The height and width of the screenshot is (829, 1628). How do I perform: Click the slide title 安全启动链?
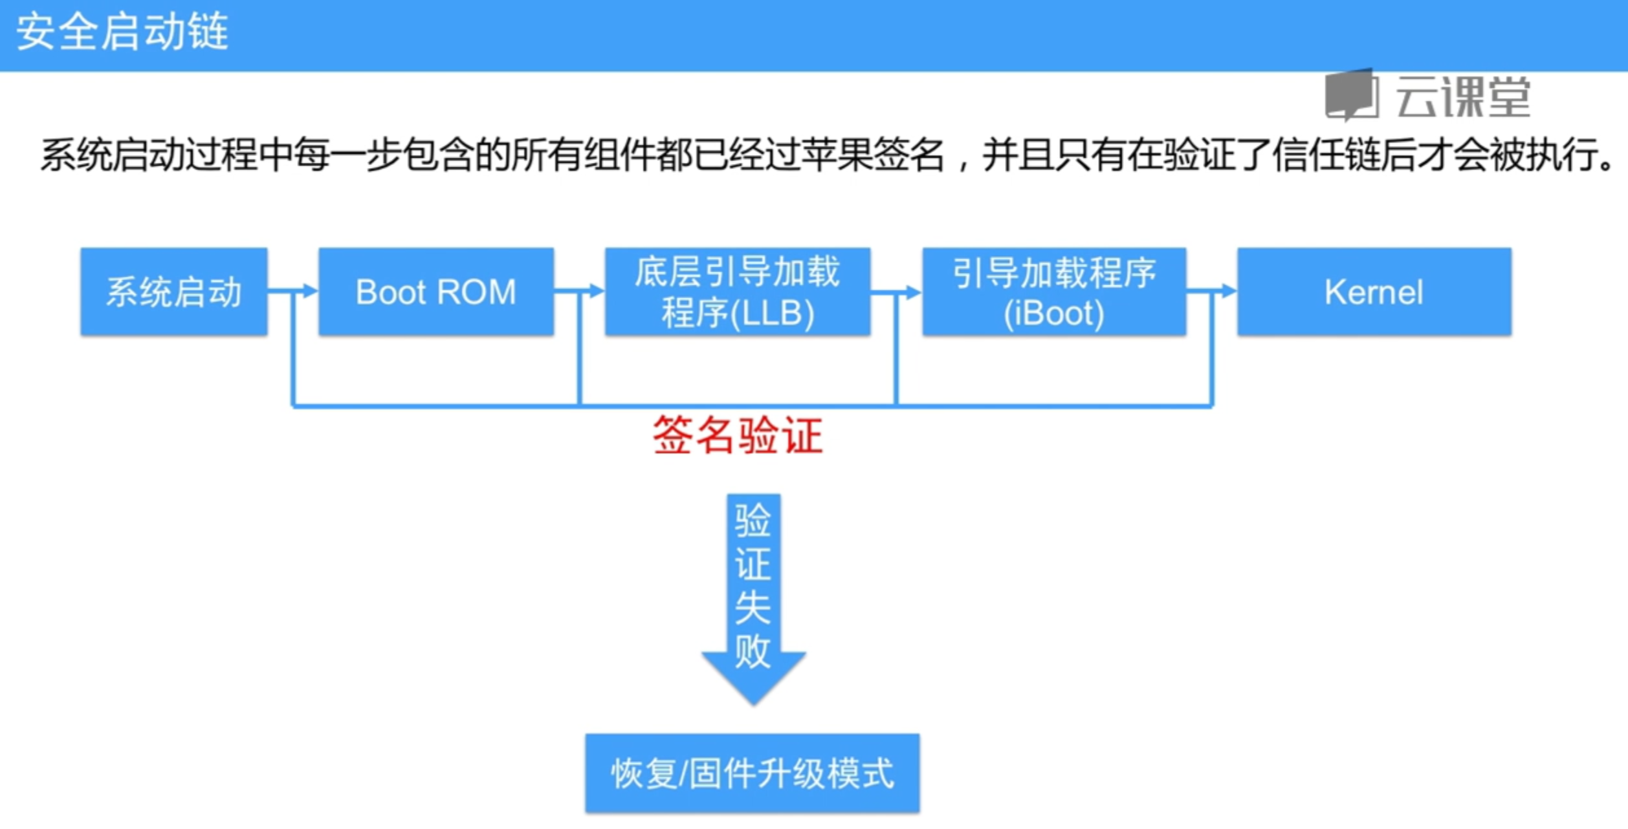122,32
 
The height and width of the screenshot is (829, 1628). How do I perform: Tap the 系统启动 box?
174,291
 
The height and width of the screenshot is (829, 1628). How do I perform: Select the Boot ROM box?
436,291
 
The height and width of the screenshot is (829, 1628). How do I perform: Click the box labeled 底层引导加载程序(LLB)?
738,291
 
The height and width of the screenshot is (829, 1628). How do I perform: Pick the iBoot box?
1054,291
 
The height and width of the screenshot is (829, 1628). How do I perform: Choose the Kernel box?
1374,291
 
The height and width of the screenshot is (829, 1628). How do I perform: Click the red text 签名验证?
738,435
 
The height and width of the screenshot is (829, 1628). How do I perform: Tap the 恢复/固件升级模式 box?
753,773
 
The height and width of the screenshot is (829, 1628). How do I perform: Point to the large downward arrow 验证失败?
754,598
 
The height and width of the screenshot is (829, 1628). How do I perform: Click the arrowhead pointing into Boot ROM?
311,291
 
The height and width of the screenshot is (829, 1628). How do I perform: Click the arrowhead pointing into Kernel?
1229,291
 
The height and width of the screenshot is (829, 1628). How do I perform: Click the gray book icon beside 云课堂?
1352,95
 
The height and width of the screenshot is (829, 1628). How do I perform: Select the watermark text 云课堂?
1464,96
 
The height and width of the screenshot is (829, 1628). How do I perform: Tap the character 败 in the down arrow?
753,651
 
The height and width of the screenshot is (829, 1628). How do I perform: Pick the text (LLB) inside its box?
771,313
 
